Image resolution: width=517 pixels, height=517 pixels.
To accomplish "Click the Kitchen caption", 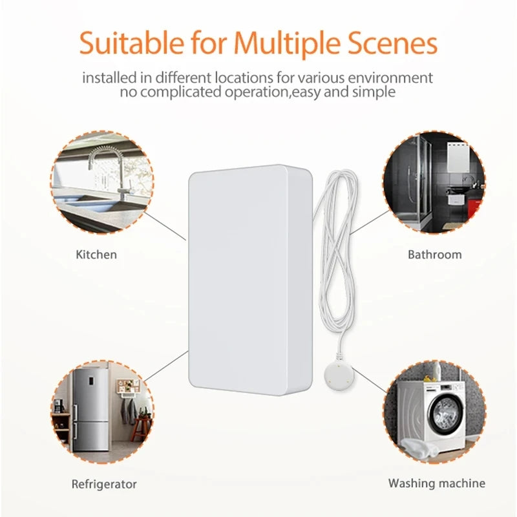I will [96, 255].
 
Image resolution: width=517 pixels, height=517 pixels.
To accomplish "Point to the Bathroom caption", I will [434, 255].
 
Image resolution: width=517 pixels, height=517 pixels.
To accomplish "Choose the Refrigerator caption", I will [104, 483].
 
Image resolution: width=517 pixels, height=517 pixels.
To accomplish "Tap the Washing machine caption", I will [436, 483].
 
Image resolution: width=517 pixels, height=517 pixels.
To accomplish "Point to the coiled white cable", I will [337, 246].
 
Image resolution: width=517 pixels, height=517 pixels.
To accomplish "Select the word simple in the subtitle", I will [370, 92].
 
